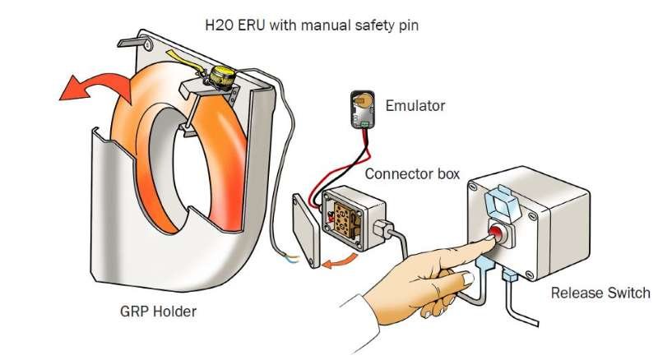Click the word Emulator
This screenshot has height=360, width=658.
[415, 105]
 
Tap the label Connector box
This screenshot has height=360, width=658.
[412, 173]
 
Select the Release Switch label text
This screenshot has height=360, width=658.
[600, 293]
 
